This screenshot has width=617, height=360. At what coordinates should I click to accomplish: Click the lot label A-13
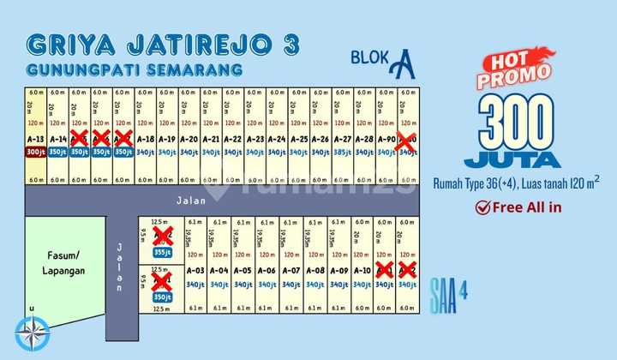point(35,139)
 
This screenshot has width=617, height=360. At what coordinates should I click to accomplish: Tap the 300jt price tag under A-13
point(35,152)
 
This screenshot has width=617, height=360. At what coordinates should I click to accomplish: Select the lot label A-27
point(343,139)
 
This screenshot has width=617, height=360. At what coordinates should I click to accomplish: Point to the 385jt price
point(343,152)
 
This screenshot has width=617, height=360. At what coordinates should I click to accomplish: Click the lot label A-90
point(386,139)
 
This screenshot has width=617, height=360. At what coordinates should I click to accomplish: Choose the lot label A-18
point(146,139)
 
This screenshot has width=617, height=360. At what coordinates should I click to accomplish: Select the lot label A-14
point(57,139)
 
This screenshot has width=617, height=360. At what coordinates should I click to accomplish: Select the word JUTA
point(512,159)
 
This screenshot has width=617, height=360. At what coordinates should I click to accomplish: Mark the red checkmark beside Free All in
point(483,206)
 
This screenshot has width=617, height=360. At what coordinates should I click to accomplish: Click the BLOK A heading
point(383,62)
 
